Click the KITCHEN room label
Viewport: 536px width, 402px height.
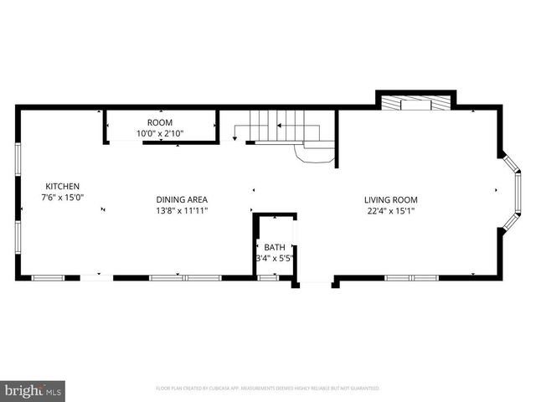coord(62,186)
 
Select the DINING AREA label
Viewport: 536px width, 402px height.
coord(182,199)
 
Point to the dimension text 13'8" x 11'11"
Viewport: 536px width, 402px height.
coord(182,210)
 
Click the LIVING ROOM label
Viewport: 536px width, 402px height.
coord(390,199)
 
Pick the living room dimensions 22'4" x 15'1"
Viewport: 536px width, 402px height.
coord(390,210)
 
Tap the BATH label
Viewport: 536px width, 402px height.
coord(275,247)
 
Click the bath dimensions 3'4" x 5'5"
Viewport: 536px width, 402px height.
coord(275,258)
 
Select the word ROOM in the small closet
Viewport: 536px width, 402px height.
coord(159,122)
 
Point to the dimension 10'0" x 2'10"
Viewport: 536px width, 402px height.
coord(159,133)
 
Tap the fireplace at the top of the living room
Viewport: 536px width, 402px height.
coord(415,103)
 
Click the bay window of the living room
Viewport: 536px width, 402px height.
coord(512,190)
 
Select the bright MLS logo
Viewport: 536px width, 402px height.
coord(33,390)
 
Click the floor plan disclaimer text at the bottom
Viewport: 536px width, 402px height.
coord(268,389)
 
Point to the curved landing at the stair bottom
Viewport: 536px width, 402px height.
coord(317,153)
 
